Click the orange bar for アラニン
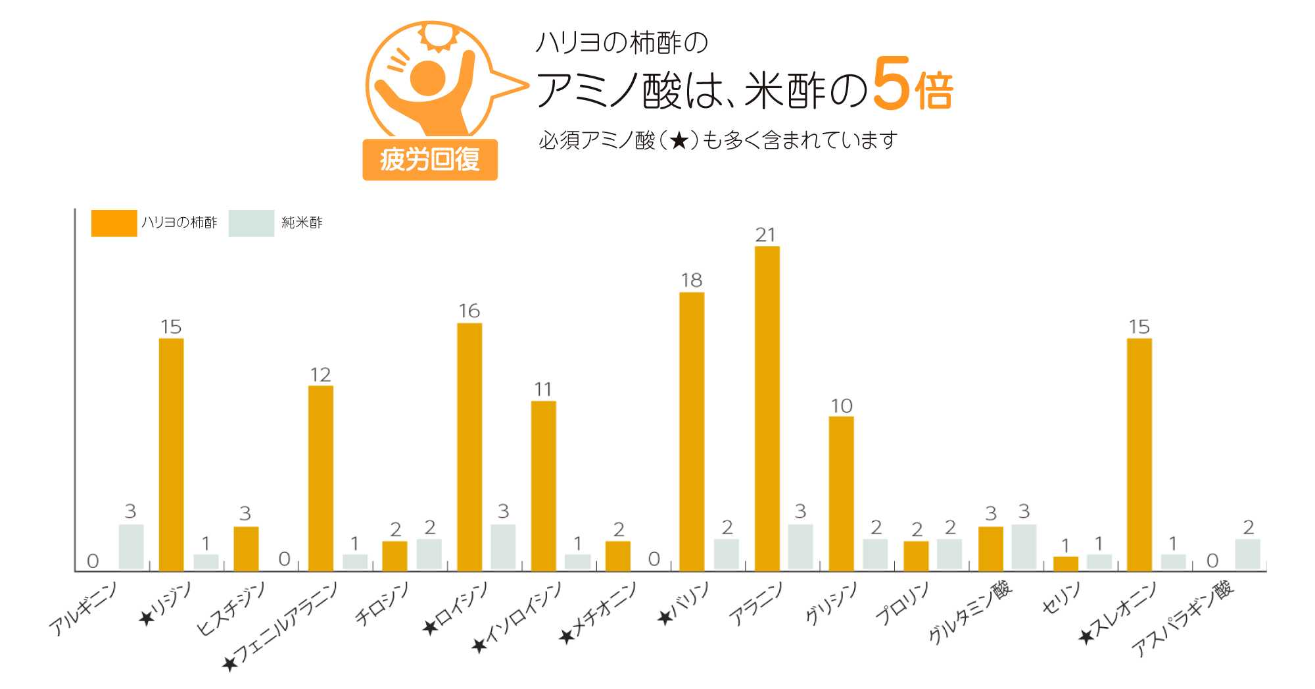coord(767,408)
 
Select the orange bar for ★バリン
coord(692,431)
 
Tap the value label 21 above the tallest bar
coord(765,235)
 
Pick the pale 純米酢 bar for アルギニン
coord(131,547)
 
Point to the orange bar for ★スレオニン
coord(1139,454)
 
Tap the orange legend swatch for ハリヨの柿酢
coord(114,223)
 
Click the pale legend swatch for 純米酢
coord(251,223)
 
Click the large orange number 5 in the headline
coord(892,84)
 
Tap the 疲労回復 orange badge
coord(429,159)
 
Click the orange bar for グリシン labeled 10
coord(841,494)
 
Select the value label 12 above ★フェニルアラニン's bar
coord(320,375)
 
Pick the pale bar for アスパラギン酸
coord(1247,554)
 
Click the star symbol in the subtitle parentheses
coord(679,140)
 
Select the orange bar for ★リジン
coord(171,454)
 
